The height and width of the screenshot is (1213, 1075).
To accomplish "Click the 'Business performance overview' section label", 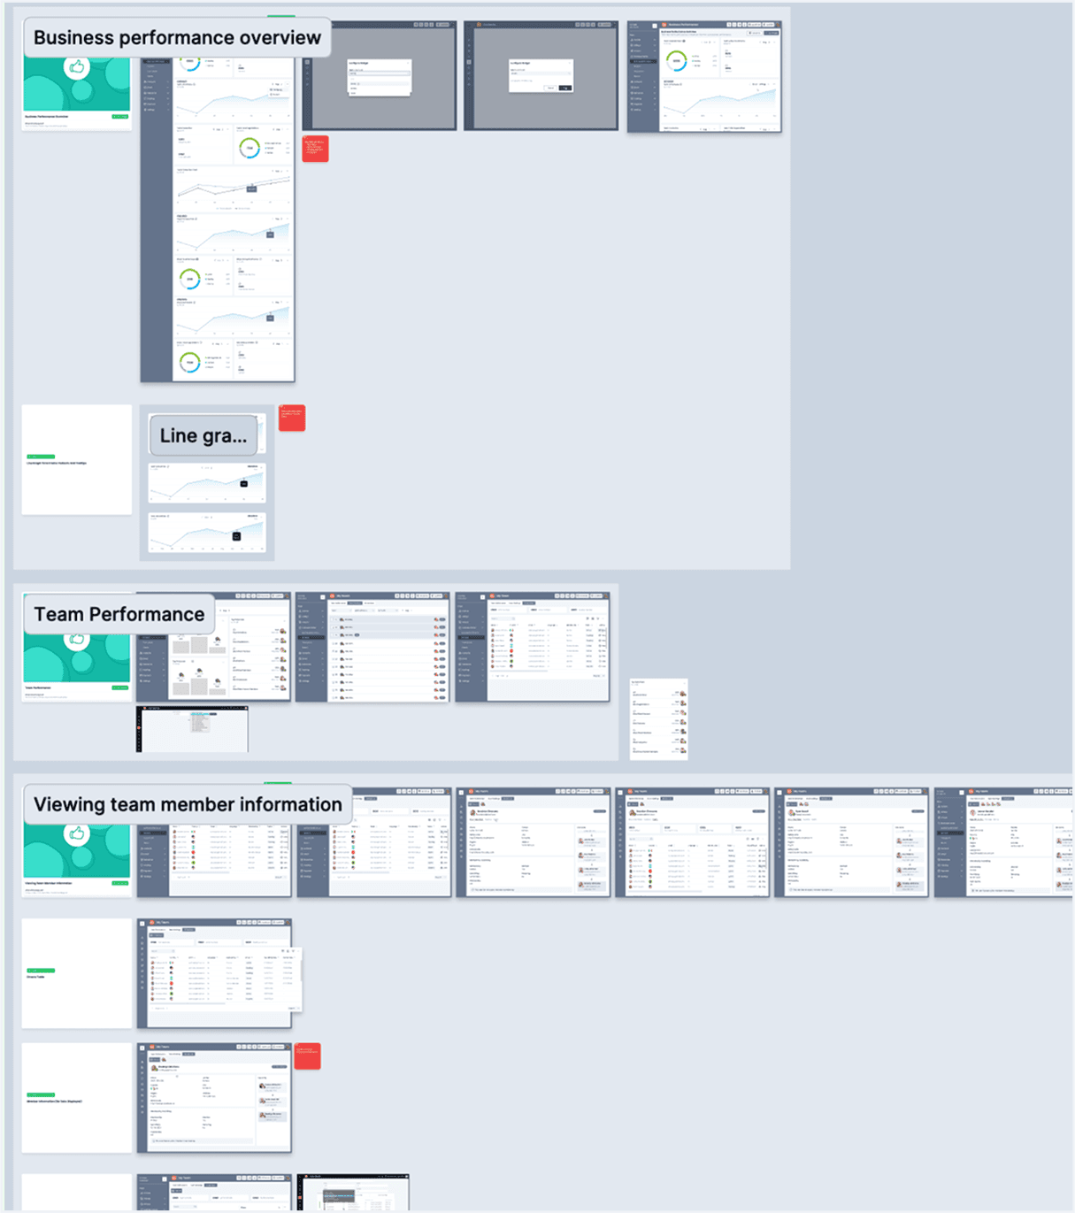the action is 177,38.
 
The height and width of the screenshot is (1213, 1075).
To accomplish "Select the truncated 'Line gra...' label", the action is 203,435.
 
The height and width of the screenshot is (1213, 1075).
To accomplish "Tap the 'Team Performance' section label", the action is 119,614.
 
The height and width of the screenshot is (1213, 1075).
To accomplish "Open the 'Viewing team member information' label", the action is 188,804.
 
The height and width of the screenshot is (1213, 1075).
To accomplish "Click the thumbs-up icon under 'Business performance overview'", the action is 77,67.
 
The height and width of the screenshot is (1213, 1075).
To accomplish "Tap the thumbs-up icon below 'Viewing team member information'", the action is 77,833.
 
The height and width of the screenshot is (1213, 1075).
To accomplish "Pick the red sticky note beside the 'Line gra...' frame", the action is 292,418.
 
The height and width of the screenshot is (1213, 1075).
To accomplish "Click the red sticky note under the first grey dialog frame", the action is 315,148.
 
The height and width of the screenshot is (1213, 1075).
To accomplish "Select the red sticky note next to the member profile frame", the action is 307,1055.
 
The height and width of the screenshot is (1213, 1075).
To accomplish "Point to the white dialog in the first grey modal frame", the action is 380,78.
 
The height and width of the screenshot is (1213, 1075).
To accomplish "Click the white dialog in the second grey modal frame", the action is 541,76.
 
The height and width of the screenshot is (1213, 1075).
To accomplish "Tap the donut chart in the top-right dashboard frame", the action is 676,61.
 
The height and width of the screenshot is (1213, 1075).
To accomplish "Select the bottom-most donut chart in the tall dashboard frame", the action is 189,363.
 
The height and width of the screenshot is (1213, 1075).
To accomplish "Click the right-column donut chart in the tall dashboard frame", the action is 250,148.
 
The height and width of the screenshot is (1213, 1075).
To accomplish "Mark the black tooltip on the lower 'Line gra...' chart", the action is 236,536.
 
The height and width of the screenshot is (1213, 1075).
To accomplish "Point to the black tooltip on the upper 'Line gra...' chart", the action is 244,483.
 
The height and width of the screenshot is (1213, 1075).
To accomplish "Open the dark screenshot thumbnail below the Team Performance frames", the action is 192,729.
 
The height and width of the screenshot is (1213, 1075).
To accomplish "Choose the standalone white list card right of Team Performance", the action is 658,718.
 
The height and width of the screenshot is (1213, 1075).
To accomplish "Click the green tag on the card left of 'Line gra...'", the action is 41,457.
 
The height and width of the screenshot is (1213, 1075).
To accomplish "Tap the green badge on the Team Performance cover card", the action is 119,687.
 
